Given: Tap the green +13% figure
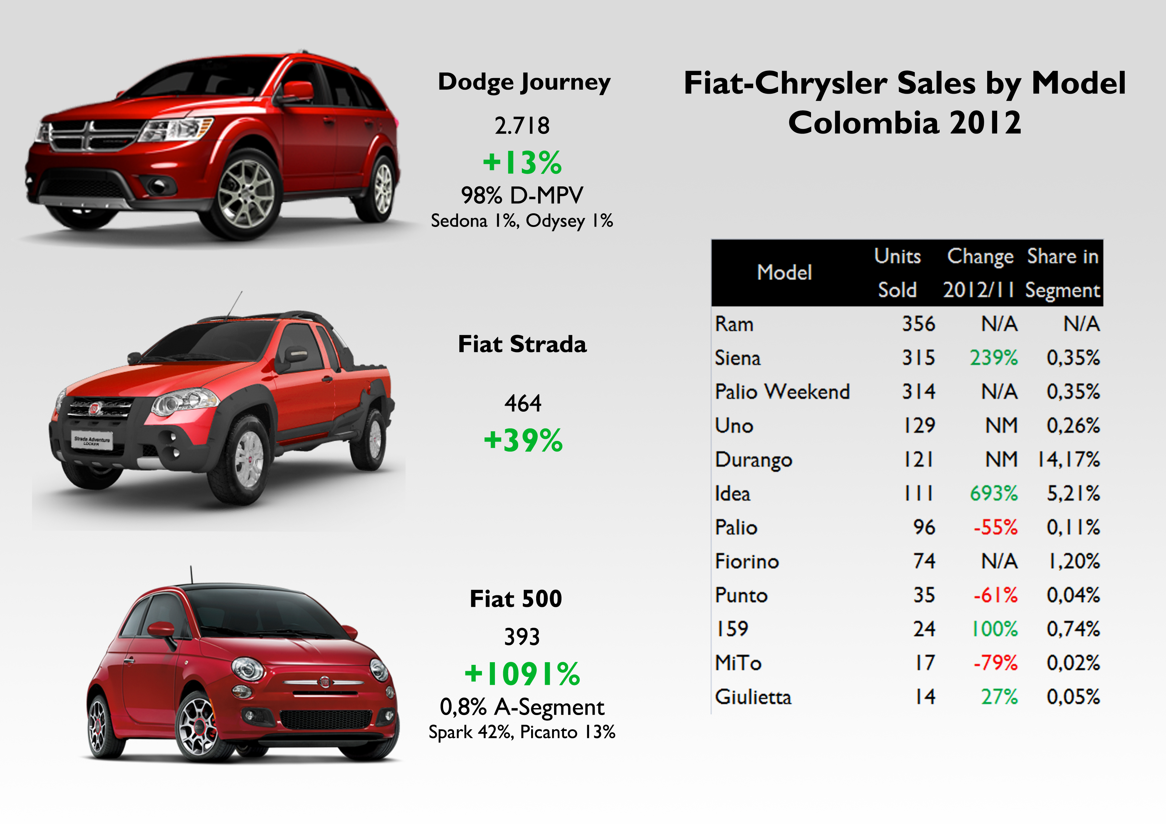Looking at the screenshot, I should click(522, 163).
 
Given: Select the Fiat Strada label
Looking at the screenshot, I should click(522, 344).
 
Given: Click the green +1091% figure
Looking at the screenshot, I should click(522, 674).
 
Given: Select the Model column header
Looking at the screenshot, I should click(784, 273).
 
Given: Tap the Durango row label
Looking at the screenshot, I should click(754, 460).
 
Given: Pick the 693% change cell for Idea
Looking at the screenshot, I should click(993, 493).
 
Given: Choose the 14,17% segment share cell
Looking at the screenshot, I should click(1069, 460).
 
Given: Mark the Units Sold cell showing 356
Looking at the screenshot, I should click(918, 324).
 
